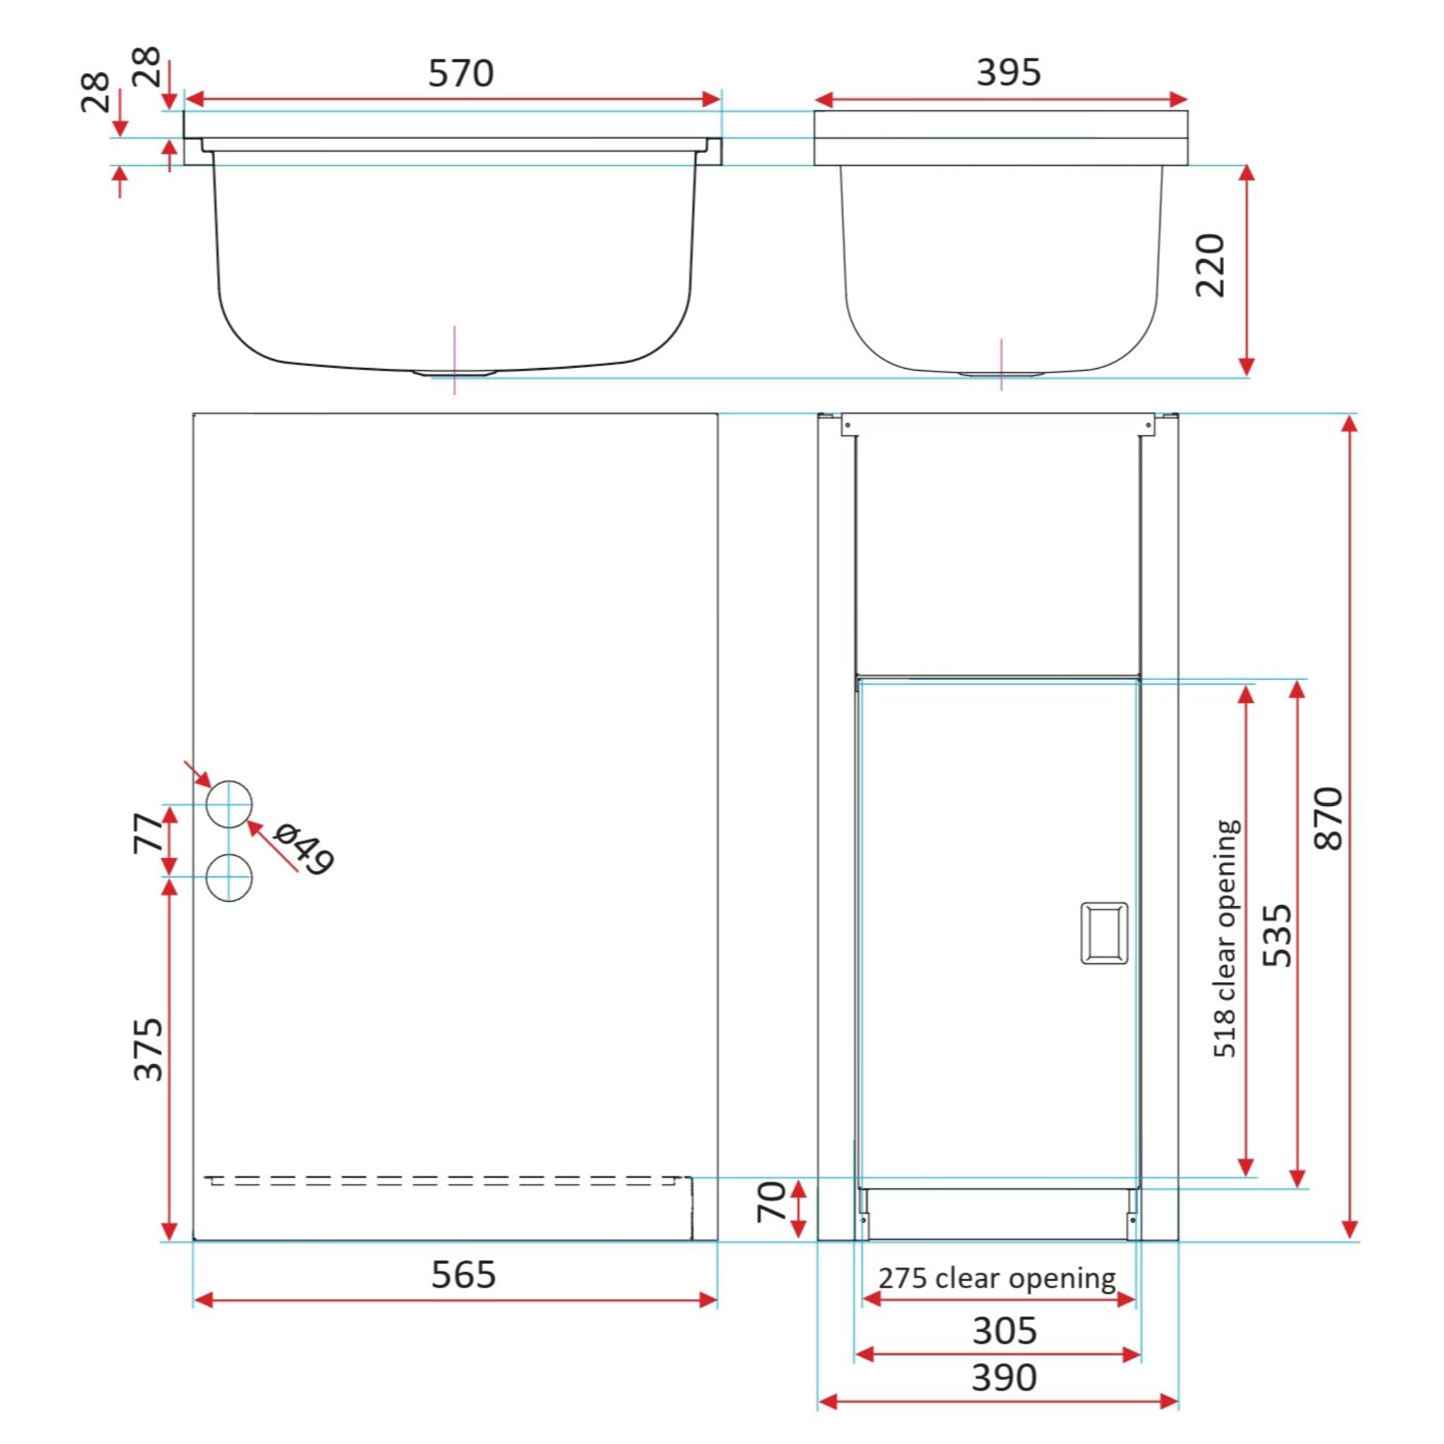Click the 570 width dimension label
pos(460,73)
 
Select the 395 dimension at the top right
pos(1008,73)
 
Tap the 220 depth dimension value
pos(1210,265)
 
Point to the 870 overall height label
pos(1328,818)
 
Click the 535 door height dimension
pos(1277,935)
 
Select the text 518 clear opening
pos(1225,938)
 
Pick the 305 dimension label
pos(1005,1330)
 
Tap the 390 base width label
pos(1004,1378)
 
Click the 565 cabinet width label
pos(463,1275)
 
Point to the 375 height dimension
pos(148,1048)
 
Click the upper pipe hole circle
pos(228,804)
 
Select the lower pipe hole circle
pos(228,876)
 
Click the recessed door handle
pos(1104,933)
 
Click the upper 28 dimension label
pos(147,66)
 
